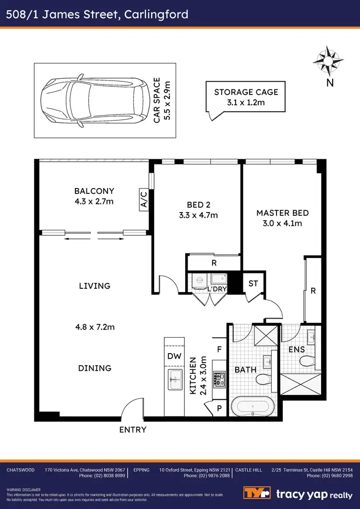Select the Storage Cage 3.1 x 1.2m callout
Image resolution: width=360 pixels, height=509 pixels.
(x=246, y=97)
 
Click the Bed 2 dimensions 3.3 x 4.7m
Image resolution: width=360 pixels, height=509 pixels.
(x=197, y=215)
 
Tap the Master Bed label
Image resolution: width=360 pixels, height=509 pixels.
(x=282, y=213)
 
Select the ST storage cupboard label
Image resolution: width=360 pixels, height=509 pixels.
(x=253, y=283)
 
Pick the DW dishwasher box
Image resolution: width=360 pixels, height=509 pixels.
(x=174, y=356)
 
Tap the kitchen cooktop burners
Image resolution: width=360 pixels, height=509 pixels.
(x=219, y=380)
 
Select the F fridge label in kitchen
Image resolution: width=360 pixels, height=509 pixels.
(x=219, y=350)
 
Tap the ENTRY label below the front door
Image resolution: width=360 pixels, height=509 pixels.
(x=132, y=429)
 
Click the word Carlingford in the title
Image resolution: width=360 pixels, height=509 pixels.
(x=156, y=14)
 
